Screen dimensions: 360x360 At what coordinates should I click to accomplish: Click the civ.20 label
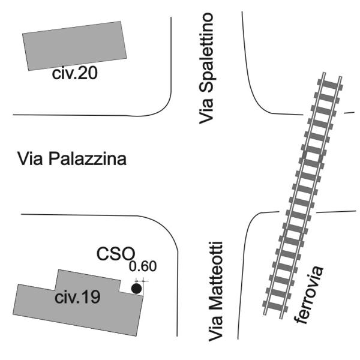point(75,74)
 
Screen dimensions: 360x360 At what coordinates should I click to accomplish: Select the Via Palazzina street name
point(71,160)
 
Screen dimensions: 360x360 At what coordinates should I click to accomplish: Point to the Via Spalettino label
point(208,68)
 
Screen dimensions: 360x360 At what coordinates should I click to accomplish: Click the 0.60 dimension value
point(143,266)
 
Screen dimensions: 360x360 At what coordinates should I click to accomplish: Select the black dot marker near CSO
point(137,289)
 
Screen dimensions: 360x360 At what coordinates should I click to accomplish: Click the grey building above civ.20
point(76,46)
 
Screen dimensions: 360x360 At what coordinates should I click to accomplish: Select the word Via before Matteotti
point(215,330)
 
